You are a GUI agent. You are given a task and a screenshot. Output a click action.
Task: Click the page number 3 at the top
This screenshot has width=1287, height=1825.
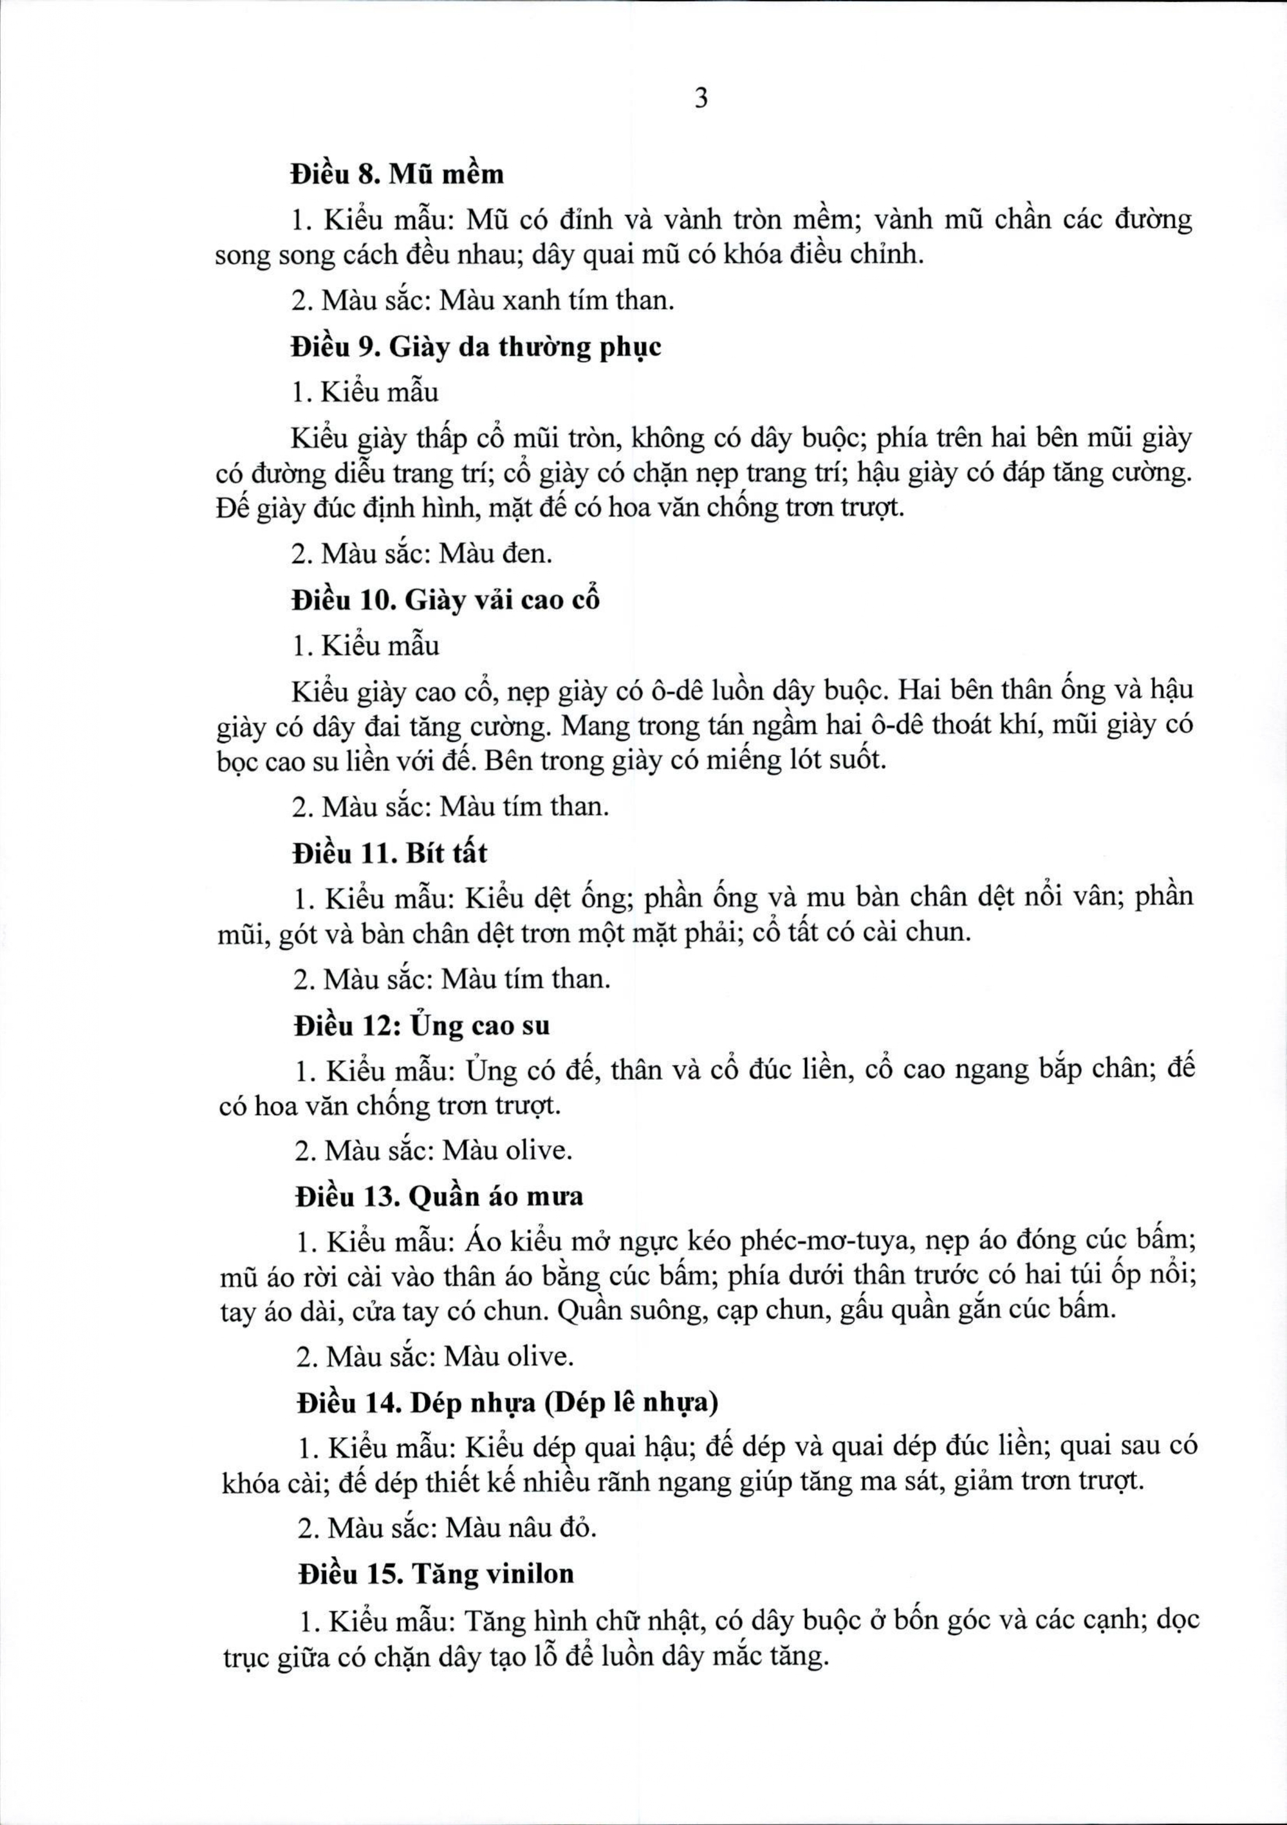pos(700,99)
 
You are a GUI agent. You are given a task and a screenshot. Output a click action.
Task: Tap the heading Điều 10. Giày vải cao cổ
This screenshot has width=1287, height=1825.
pos(445,600)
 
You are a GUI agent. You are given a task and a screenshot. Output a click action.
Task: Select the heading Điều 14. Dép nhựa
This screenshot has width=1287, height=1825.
pos(506,1403)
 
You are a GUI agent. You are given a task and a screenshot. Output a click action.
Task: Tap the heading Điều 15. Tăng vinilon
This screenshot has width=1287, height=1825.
pos(436,1574)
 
